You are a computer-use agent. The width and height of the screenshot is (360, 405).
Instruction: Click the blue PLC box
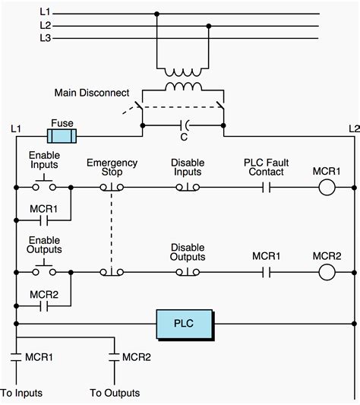point(185,324)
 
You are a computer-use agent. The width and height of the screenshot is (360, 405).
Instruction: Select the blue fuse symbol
point(62,136)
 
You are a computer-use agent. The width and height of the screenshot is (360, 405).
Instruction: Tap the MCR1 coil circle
point(327,188)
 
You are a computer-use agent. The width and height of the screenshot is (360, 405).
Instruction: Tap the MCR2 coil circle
point(327,272)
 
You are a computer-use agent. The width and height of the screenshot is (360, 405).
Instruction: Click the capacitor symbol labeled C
point(185,125)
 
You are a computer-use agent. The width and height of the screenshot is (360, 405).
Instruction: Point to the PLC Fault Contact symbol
point(267,188)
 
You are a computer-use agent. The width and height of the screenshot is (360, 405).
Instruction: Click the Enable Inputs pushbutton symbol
point(44,184)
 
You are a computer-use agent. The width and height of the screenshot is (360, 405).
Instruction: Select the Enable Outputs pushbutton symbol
point(44,269)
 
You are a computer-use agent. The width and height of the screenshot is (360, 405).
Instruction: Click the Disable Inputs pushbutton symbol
point(188,188)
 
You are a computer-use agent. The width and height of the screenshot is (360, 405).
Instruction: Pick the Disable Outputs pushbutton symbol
point(188,272)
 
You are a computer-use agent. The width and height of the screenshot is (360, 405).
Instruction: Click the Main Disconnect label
point(92,93)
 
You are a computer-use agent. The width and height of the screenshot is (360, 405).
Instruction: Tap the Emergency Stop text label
point(112,167)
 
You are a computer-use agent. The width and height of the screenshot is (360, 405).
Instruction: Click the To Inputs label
point(21,393)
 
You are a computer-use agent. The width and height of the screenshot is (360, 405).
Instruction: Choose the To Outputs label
point(115,393)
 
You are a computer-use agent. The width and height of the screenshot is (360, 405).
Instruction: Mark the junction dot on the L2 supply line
point(209,26)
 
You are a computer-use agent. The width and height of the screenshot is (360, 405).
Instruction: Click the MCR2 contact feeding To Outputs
point(114,357)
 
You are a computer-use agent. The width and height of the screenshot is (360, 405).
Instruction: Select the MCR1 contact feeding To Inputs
point(16,357)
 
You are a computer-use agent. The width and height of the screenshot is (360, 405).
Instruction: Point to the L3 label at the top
point(46,38)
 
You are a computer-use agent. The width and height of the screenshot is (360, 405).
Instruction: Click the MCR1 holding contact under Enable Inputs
point(44,221)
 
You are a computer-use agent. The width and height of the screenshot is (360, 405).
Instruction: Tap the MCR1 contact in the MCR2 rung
point(267,272)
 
